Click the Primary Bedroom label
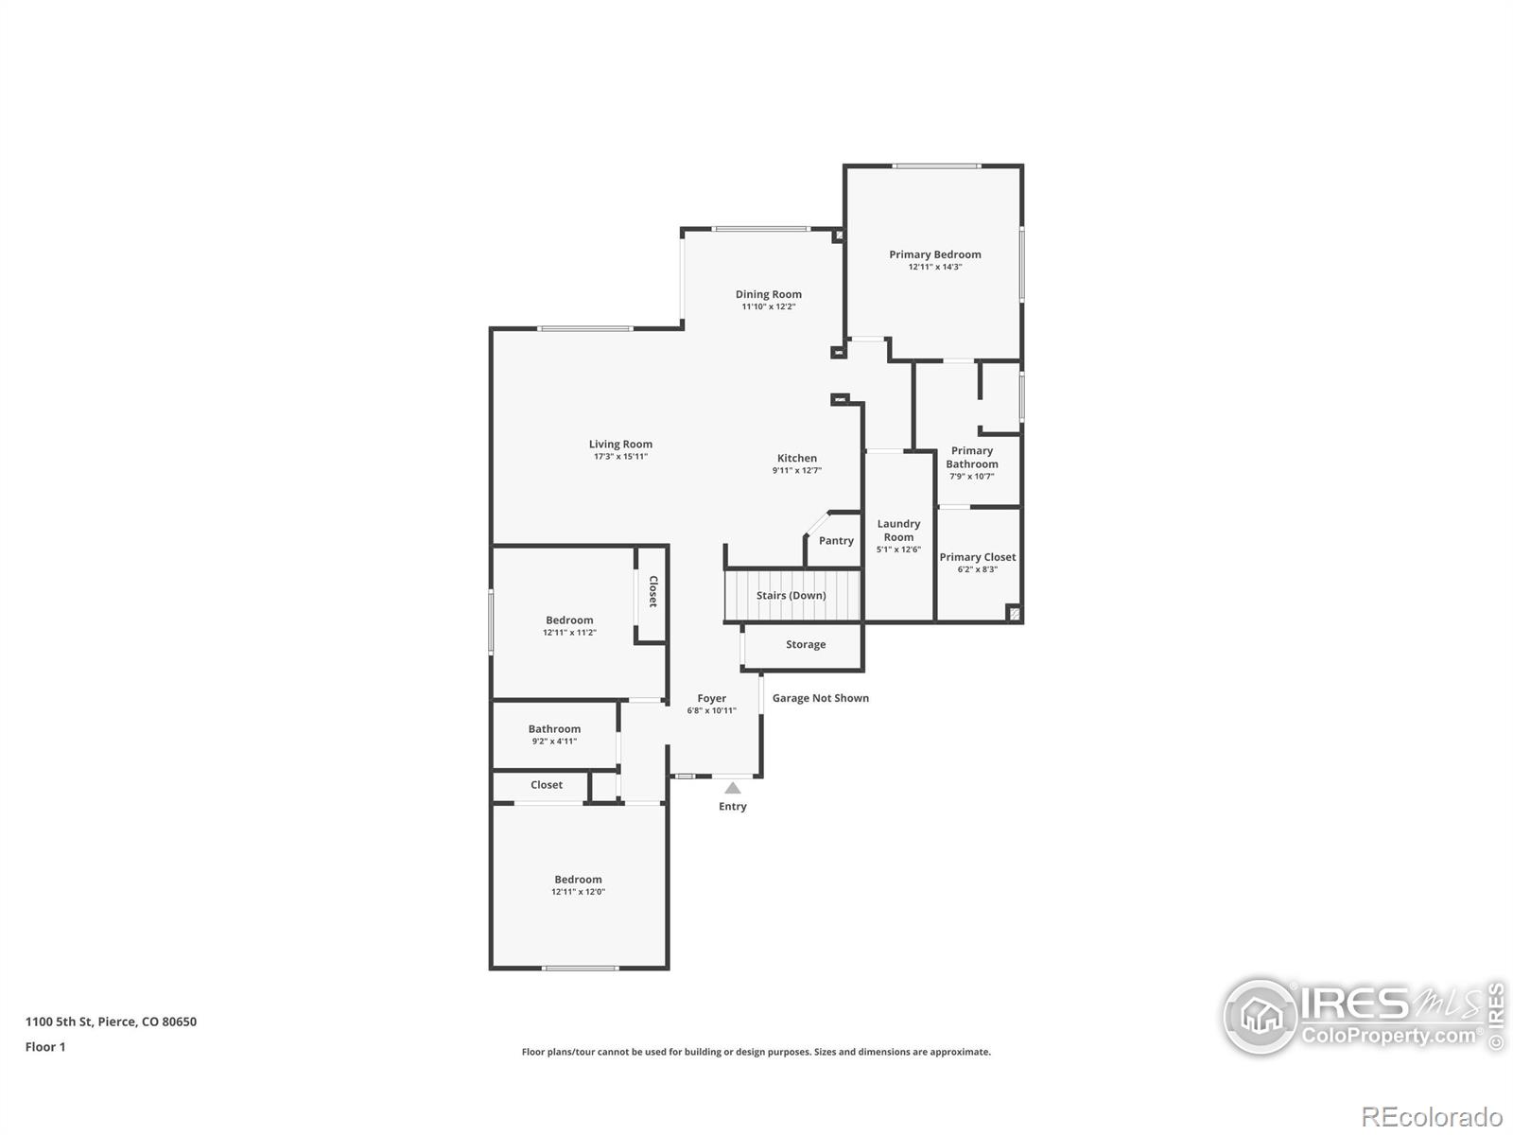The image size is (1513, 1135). (x=934, y=254)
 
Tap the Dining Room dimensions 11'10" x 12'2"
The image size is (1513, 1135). (x=769, y=306)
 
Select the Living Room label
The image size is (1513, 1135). (x=620, y=445)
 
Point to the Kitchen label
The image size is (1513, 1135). (x=797, y=459)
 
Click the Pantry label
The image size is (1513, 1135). (x=836, y=541)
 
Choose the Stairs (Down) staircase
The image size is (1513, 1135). (x=792, y=596)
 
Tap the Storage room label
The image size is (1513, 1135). (x=806, y=644)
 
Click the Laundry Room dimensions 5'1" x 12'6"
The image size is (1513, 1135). (x=899, y=550)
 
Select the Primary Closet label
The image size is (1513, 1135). (x=978, y=557)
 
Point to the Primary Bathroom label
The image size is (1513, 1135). (x=972, y=457)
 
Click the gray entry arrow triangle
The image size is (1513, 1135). (x=733, y=788)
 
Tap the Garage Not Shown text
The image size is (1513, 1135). (x=820, y=698)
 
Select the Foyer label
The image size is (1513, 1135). (x=711, y=698)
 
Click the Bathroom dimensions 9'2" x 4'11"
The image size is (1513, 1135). (x=554, y=742)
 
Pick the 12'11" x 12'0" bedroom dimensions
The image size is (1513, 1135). (x=579, y=892)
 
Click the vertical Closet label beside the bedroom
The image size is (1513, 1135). (x=652, y=591)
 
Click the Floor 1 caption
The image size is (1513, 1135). (x=45, y=1047)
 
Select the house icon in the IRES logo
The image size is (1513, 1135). (x=1261, y=1017)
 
